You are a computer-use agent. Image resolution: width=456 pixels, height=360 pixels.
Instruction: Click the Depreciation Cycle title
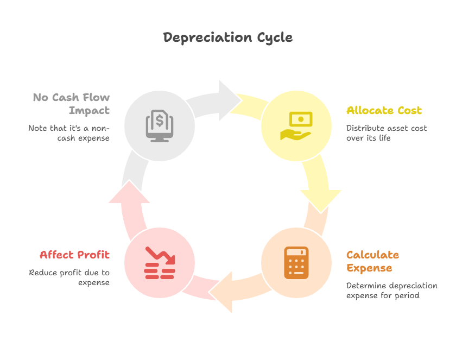coord(228,37)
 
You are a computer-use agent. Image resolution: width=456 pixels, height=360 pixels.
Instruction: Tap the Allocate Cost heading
coord(384,111)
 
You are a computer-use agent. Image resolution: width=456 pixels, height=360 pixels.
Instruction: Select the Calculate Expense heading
coord(372,261)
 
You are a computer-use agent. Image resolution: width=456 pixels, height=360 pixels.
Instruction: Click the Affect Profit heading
coord(74,255)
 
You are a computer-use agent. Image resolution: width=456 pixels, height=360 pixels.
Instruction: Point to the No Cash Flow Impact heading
coord(71,104)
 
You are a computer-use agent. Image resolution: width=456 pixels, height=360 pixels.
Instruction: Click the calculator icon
coord(296,263)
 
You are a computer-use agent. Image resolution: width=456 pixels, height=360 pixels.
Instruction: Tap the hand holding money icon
coord(296,125)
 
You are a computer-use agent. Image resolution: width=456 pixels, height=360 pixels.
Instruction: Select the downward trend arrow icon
coord(160,263)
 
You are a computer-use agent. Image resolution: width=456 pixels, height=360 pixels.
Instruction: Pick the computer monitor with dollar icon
coord(159,125)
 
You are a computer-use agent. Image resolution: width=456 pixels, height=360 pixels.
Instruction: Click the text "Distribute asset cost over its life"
coord(387,133)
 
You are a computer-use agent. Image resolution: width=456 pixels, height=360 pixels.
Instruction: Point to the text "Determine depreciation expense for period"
coord(391,290)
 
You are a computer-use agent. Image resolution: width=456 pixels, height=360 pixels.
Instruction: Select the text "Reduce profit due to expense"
coord(69,277)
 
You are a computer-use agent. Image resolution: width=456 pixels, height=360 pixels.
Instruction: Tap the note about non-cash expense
coord(69,133)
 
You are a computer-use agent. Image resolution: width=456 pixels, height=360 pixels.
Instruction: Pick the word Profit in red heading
coord(92,255)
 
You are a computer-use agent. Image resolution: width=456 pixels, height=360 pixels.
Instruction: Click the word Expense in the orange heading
coord(369,268)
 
